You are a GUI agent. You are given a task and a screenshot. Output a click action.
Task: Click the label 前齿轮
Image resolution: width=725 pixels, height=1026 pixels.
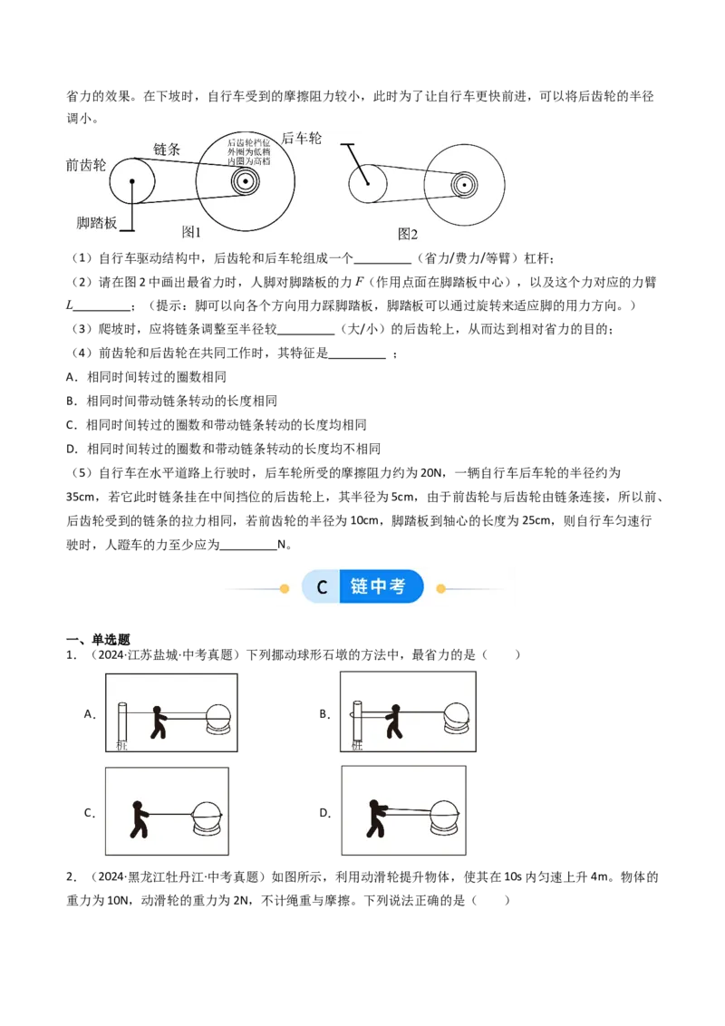pyautogui.click(x=86, y=165)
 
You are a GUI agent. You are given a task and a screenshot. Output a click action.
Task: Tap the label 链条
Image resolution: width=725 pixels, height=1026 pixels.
pyautogui.click(x=168, y=149)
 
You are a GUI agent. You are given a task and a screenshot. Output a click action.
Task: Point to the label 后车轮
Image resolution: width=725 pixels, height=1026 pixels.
pyautogui.click(x=302, y=138)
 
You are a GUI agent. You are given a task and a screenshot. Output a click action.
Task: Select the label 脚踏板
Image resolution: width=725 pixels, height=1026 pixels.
pyautogui.click(x=97, y=222)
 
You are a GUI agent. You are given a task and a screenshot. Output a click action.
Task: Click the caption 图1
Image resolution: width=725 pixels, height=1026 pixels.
pyautogui.click(x=191, y=232)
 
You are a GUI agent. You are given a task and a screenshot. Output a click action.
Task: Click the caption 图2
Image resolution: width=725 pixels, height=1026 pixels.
pyautogui.click(x=408, y=233)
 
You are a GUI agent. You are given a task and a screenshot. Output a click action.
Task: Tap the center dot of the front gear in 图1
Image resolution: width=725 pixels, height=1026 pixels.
pyautogui.click(x=132, y=181)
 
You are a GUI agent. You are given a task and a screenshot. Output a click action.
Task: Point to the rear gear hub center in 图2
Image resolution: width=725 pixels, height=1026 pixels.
pyautogui.click(x=464, y=184)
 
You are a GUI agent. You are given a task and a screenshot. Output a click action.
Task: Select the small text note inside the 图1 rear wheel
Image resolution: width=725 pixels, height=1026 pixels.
pyautogui.click(x=248, y=151)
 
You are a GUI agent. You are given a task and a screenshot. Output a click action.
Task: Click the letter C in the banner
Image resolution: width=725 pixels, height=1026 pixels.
pyautogui.click(x=322, y=587)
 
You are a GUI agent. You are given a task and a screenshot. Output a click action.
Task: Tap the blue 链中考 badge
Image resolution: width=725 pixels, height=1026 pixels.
pyautogui.click(x=382, y=587)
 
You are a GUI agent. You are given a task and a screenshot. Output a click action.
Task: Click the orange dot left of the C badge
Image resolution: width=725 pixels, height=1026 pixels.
pyautogui.click(x=284, y=588)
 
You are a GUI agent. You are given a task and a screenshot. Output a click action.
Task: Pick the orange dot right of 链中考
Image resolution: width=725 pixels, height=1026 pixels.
pyautogui.click(x=441, y=588)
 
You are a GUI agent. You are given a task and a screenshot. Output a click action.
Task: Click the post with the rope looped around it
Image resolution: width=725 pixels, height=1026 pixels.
pyautogui.click(x=357, y=725)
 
